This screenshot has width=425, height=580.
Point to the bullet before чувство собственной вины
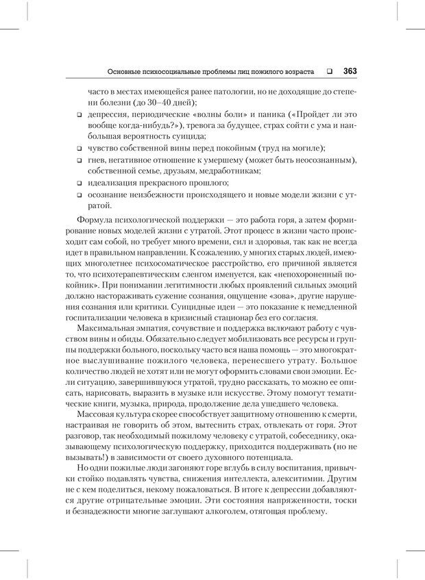click(80, 147)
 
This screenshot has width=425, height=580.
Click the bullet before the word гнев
click(80, 160)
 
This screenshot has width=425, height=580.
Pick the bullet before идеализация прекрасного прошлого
click(80, 183)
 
